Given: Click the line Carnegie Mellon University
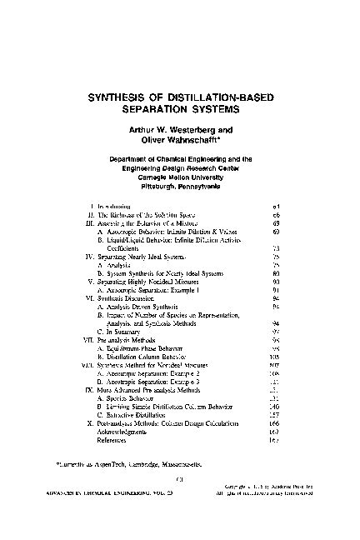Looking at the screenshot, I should pos(181,177).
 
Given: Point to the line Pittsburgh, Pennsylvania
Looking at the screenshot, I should pos(181,186).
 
